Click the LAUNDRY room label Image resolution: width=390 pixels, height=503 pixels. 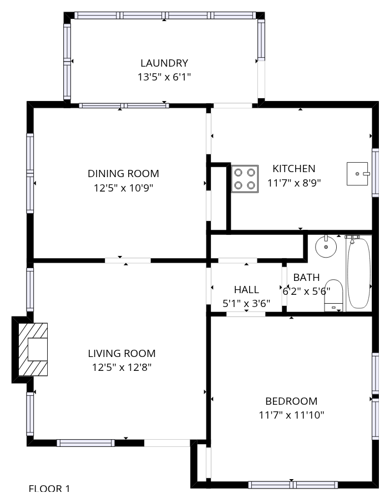click(x=164, y=63)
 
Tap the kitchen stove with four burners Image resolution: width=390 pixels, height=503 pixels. click(x=245, y=179)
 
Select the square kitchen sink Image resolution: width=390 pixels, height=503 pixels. click(x=357, y=174)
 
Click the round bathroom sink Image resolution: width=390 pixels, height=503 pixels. click(x=326, y=246)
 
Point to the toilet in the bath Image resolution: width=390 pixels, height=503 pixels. click(x=333, y=295)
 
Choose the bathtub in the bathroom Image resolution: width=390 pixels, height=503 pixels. click(x=358, y=273)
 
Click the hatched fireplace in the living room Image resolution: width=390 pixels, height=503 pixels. click(x=33, y=349)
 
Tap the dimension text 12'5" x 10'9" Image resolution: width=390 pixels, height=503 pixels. click(x=123, y=188)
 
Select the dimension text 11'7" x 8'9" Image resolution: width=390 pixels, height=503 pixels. click(x=294, y=183)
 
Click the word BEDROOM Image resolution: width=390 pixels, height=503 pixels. click(x=291, y=401)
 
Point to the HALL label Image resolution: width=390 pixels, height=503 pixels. click(x=246, y=290)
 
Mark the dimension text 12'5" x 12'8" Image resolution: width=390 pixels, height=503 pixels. click(x=122, y=367)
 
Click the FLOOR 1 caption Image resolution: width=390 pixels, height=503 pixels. click(x=49, y=489)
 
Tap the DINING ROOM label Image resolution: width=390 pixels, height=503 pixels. click(x=123, y=174)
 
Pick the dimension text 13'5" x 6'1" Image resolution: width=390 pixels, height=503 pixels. click(x=164, y=77)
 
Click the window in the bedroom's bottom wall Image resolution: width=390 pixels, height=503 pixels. click(x=293, y=485)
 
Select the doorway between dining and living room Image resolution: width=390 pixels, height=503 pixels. click(x=128, y=260)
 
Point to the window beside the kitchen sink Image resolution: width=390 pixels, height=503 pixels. click(x=375, y=172)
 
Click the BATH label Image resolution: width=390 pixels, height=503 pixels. click(x=306, y=277)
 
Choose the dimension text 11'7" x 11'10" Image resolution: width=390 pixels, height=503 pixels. click(x=291, y=415)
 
